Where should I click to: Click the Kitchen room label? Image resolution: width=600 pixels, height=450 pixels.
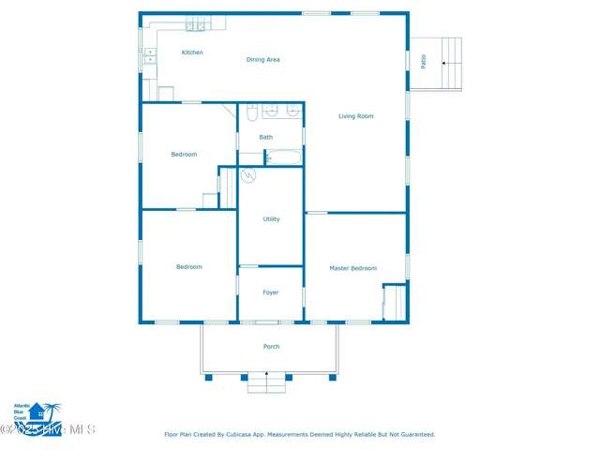point(192,52)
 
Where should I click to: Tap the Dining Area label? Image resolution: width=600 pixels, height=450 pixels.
point(263,60)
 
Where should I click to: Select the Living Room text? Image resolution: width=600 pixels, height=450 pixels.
point(356,116)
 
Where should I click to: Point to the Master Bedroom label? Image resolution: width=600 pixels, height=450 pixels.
point(353,268)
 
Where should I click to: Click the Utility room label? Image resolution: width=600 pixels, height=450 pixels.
point(271,219)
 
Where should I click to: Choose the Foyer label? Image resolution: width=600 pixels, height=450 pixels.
point(271,292)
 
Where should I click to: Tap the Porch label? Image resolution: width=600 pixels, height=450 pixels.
point(271,347)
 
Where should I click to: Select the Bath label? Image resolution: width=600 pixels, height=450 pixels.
point(266,138)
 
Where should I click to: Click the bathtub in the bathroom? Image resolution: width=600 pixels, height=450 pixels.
point(283,157)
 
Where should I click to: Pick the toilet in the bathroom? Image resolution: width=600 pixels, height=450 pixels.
point(251,112)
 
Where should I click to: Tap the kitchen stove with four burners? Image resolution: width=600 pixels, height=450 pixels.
point(196,25)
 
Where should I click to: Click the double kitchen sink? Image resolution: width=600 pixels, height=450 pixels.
point(149,57)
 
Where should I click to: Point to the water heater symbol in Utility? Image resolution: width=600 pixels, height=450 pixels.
point(249,175)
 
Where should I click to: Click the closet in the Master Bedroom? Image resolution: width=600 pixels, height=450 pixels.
point(393,303)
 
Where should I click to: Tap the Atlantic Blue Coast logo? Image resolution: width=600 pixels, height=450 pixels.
point(35,412)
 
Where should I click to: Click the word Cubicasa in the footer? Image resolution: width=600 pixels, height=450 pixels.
point(249,434)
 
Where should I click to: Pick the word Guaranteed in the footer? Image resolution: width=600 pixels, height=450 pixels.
point(412,434)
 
